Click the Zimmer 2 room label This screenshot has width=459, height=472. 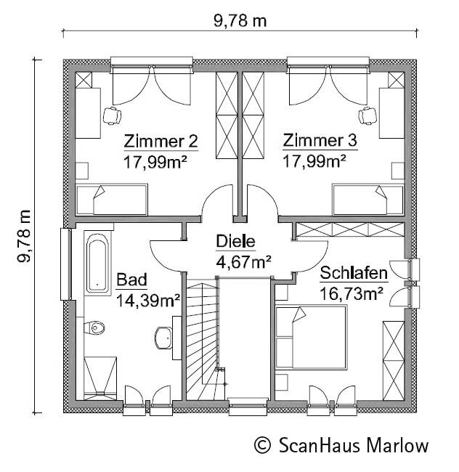[161, 141]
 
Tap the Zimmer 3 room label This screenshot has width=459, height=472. [320, 141]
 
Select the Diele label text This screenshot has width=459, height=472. [235, 241]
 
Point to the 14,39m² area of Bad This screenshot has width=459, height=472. [148, 300]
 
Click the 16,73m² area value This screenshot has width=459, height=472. [352, 293]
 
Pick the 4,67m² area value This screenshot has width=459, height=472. [244, 261]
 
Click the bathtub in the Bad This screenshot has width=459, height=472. [97, 263]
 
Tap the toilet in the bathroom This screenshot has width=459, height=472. [94, 327]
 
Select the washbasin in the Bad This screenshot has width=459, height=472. [163, 338]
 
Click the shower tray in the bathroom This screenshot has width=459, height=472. [100, 378]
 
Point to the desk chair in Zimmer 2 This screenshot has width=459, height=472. [112, 115]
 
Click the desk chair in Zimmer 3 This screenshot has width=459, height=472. [367, 115]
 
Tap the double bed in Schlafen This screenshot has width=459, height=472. [311, 337]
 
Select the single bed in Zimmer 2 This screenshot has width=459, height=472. [111, 200]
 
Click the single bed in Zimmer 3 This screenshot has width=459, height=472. [367, 200]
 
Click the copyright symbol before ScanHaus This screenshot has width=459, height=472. [262, 445]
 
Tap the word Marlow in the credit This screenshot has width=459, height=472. [397, 445]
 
